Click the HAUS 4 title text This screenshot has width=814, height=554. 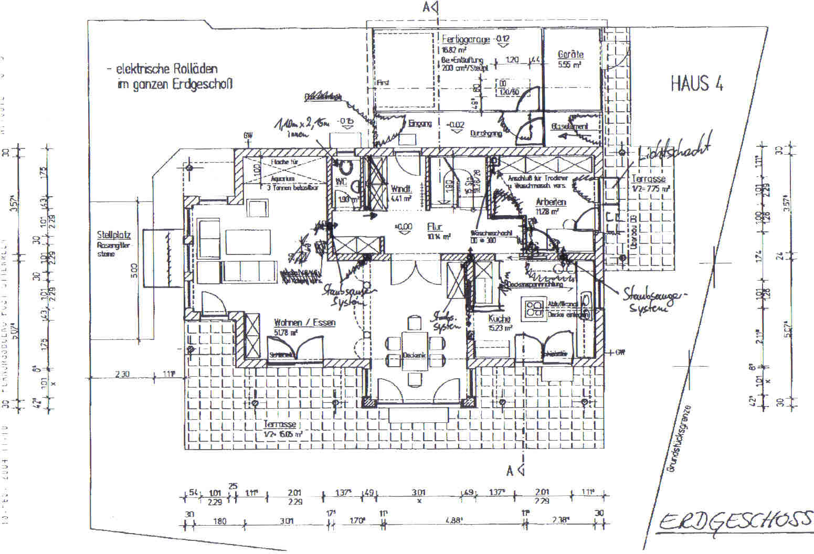pyautogui.click(x=696, y=84)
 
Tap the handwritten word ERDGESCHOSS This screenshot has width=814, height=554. pyautogui.click(x=735, y=521)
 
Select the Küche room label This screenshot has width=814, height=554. pyautogui.click(x=499, y=318)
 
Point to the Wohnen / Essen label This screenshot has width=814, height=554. pyautogui.click(x=304, y=323)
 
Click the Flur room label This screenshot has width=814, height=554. pyautogui.click(x=435, y=227)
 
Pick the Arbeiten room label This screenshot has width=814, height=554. pyautogui.click(x=551, y=202)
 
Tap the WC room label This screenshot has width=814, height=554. pyautogui.click(x=341, y=182)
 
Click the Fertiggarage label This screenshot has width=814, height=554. pyautogui.click(x=466, y=39)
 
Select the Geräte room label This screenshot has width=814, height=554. pyautogui.click(x=570, y=54)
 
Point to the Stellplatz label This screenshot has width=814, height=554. pyautogui.click(x=113, y=235)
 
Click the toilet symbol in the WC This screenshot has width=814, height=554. pyautogui.click(x=345, y=167)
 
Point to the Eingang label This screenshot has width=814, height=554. pyautogui.click(x=420, y=124)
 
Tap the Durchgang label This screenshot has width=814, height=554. pyautogui.click(x=486, y=133)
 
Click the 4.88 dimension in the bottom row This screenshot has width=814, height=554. pyautogui.click(x=452, y=521)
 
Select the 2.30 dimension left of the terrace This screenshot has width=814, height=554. pyautogui.click(x=122, y=374)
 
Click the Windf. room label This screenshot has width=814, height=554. pyautogui.click(x=401, y=189)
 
